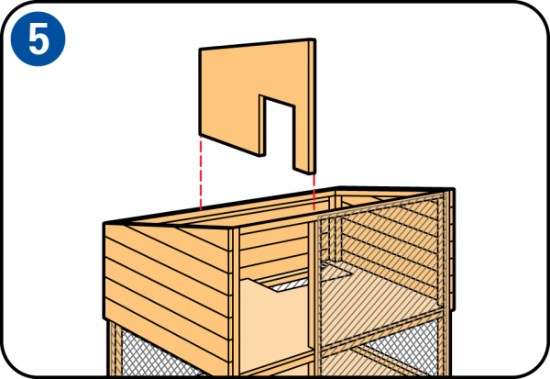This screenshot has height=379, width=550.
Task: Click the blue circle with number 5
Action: [x=38, y=39]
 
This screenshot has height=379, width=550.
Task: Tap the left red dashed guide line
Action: [x=201, y=173]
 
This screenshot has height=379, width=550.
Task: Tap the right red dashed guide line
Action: [x=313, y=192]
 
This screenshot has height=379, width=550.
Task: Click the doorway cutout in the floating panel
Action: [x=280, y=133]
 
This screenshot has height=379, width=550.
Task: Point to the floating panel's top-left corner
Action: [x=200, y=49]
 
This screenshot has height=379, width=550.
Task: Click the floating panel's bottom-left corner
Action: [x=200, y=135]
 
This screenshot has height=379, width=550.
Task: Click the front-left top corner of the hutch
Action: [x=104, y=224]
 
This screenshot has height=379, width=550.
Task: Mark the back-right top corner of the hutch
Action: [x=454, y=189]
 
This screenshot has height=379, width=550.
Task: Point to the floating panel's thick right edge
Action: [x=313, y=106]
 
